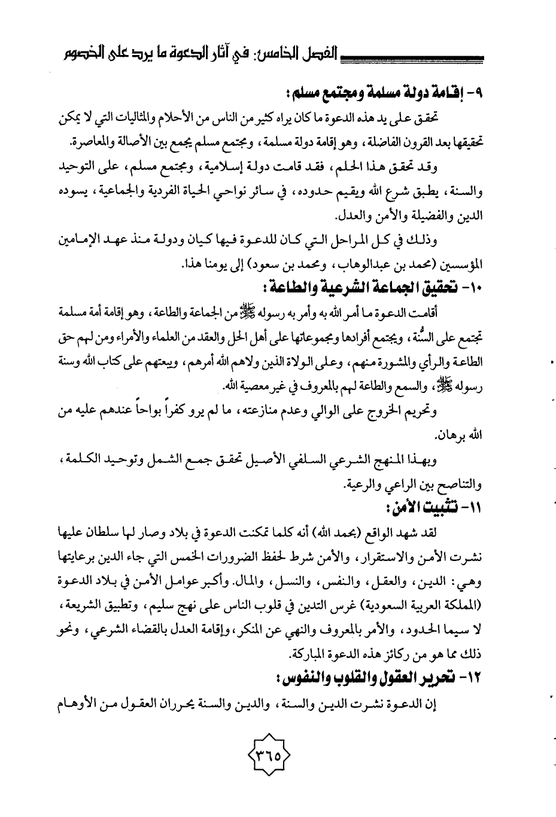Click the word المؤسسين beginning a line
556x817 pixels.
pyautogui.click(x=463, y=264)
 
